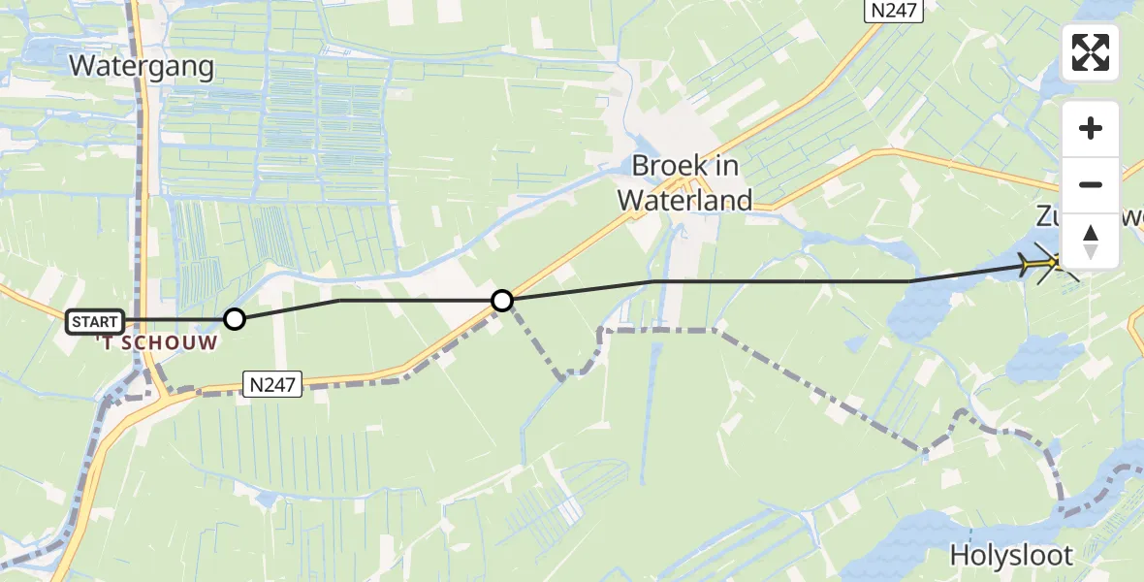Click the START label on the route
click(95, 321)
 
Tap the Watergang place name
click(142, 66)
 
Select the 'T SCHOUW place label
click(156, 342)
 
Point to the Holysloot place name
click(1011, 556)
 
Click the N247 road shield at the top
click(893, 11)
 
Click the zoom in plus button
click(1091, 128)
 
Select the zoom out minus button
click(1091, 184)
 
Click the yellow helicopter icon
click(1042, 262)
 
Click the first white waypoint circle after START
click(235, 318)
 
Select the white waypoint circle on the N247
click(502, 301)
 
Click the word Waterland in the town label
click(685, 201)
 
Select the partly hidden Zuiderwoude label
click(1052, 216)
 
